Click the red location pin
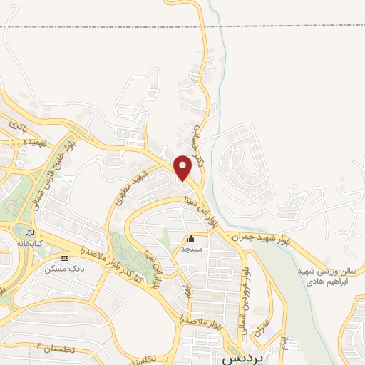(x=183, y=167)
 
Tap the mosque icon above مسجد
(x=191, y=239)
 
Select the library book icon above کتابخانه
(x=29, y=232)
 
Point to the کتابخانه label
(x=29, y=243)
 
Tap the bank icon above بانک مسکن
(x=65, y=257)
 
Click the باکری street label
(x=16, y=125)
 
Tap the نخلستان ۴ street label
(x=53, y=349)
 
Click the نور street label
(x=187, y=291)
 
